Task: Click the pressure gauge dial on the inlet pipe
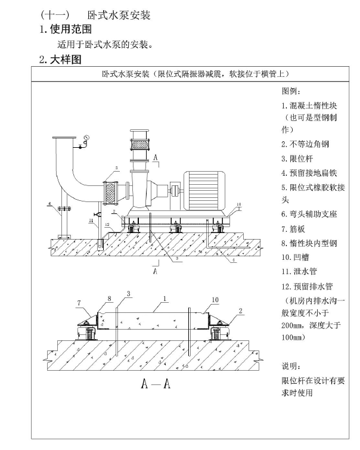click(86, 137)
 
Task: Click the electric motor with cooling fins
click(204, 191)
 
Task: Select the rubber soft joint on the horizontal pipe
click(110, 193)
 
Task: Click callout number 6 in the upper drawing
click(49, 204)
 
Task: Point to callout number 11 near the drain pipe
click(91, 221)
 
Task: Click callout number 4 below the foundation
click(234, 260)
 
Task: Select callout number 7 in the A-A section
click(79, 303)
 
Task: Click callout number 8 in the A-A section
click(110, 299)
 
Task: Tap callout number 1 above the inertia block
click(165, 299)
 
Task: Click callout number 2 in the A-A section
click(241, 311)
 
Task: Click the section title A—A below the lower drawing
click(156, 383)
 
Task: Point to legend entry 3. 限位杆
click(297, 159)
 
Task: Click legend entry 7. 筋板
click(293, 229)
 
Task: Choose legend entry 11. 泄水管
click(299, 272)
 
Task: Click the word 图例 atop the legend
click(290, 91)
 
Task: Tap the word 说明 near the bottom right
click(290, 366)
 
